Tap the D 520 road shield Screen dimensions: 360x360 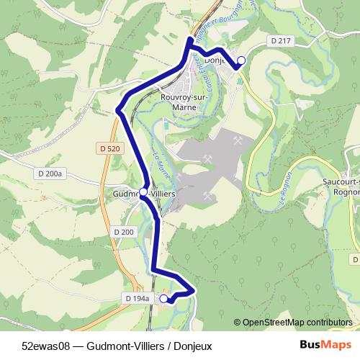[x=106, y=148]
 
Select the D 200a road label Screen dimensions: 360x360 [x=50, y=174]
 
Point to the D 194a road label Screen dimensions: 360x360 [x=136, y=298]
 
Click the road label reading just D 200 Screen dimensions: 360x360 [x=124, y=232]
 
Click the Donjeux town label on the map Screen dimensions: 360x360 [x=217, y=61]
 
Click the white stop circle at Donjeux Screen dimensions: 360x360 [x=241, y=60]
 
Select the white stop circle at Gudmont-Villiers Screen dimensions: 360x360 [x=143, y=192]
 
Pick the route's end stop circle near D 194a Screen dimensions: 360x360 [x=163, y=298]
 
